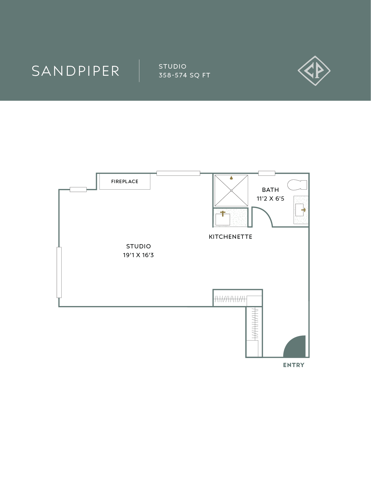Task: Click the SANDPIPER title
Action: [x=75, y=71]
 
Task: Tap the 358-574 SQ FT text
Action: [x=184, y=75]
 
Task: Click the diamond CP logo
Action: [x=314, y=71]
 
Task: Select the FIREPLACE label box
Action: [x=125, y=181]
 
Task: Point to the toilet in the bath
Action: [x=297, y=185]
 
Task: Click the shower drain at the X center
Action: [x=231, y=191]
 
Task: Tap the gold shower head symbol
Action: [x=231, y=178]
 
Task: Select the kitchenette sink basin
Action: [x=223, y=220]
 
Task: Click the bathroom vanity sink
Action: [x=300, y=210]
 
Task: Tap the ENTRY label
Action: [x=294, y=365]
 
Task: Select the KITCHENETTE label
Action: [x=230, y=237]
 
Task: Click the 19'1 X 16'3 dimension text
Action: [x=138, y=255]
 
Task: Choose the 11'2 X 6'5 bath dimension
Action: [x=270, y=199]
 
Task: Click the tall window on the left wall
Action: [x=59, y=272]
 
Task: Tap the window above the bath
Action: [x=266, y=173]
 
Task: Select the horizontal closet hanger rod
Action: [x=230, y=299]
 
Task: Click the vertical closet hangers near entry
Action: [x=255, y=324]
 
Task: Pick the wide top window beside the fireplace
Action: [x=178, y=173]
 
